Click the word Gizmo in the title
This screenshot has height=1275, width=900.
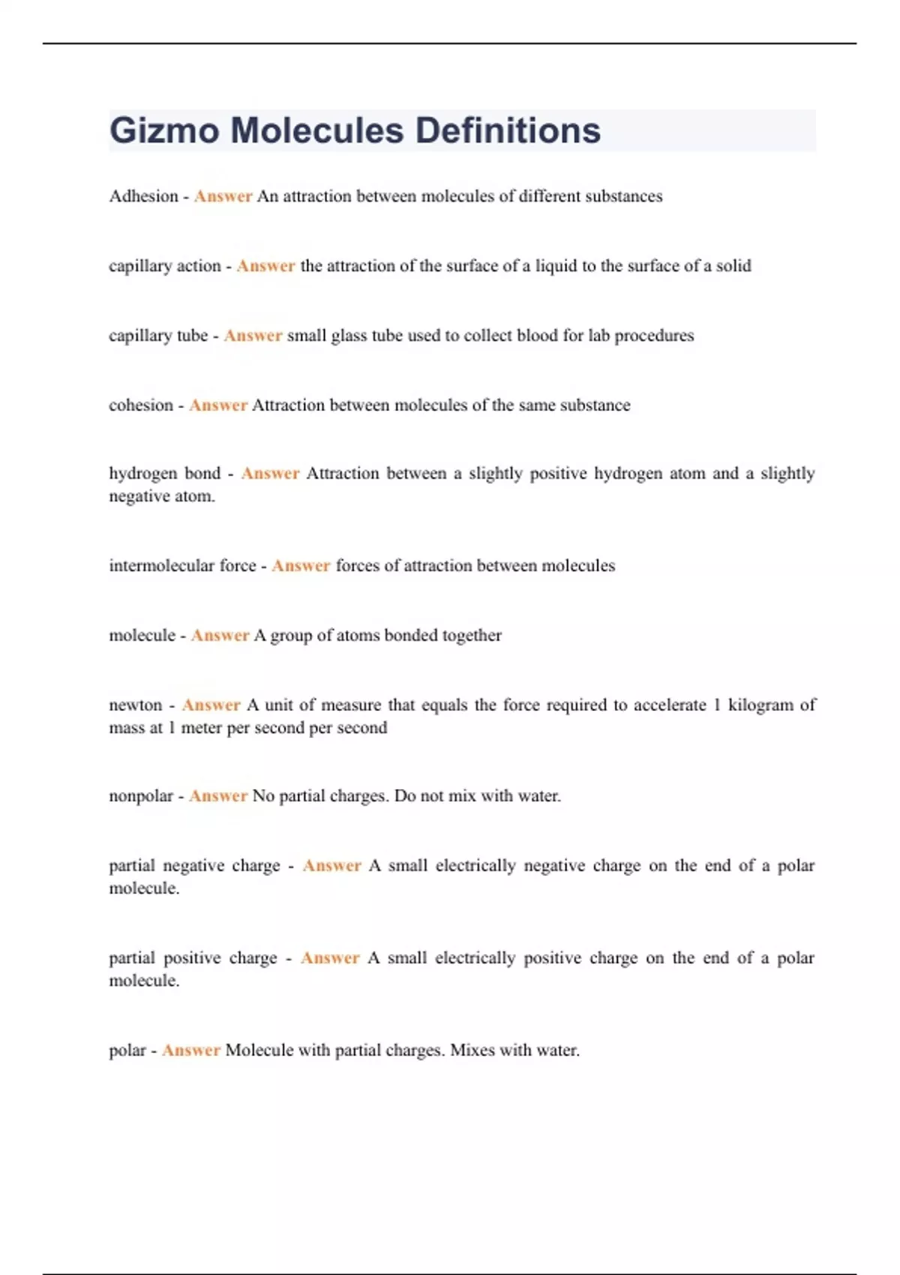[x=164, y=131]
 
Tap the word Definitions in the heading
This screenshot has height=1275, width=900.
[x=508, y=130]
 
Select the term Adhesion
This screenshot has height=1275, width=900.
[x=143, y=196]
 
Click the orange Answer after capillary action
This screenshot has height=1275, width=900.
[x=265, y=266]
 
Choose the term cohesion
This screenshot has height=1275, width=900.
[x=141, y=406]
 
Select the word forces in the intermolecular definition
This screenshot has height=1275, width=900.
[x=357, y=565]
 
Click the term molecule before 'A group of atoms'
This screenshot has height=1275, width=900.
[x=142, y=635]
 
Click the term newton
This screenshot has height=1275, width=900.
[x=135, y=705]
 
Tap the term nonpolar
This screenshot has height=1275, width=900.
[x=141, y=796]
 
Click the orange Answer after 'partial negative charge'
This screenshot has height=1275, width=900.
[x=331, y=865]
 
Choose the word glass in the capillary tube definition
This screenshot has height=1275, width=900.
[x=349, y=336]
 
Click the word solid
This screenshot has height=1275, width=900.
[x=733, y=266]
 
